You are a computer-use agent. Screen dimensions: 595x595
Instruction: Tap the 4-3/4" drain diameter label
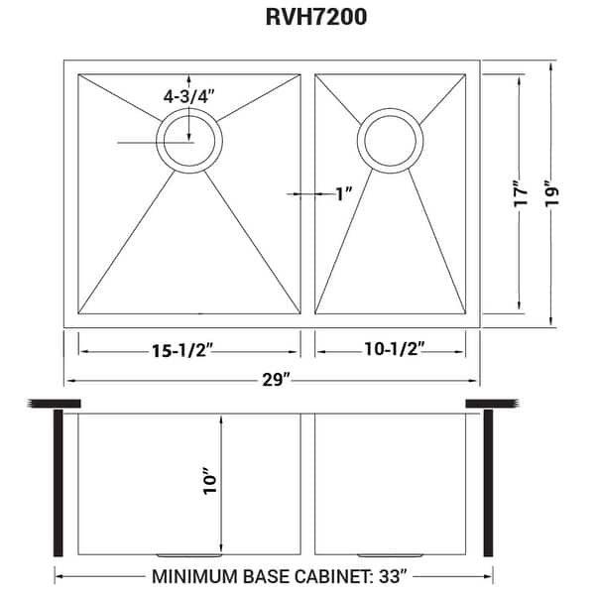pyautogui.click(x=190, y=98)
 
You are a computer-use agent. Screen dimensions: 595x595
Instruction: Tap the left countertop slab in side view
pyautogui.click(x=57, y=403)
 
